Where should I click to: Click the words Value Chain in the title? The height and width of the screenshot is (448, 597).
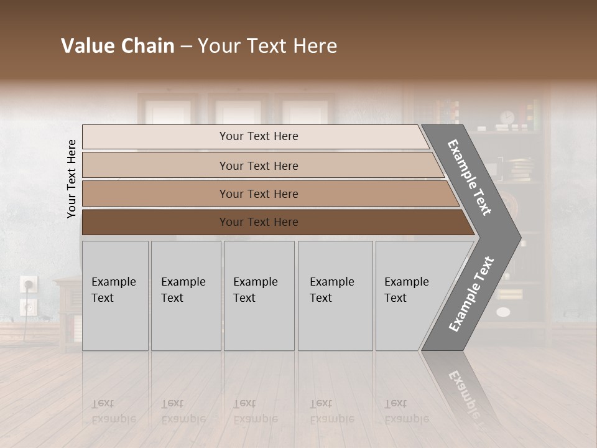[118, 46]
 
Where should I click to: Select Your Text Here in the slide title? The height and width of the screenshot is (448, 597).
[267, 46]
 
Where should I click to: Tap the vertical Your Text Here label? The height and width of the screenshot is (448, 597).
[72, 179]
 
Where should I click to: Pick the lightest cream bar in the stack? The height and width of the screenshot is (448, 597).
[255, 136]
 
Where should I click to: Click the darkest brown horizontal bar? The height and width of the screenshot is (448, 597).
[274, 222]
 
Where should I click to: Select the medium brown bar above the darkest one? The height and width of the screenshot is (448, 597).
[267, 194]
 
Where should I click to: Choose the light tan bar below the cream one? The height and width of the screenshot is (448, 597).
[261, 166]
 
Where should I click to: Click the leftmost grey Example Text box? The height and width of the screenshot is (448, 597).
[115, 296]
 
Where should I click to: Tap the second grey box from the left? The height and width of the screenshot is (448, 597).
[185, 296]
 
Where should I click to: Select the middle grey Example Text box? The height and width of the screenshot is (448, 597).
[259, 296]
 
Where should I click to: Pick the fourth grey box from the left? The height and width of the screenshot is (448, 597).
[335, 296]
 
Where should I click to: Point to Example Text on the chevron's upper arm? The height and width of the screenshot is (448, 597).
[470, 177]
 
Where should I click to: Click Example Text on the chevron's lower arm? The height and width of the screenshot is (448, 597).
[471, 294]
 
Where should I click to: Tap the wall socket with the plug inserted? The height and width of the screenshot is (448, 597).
[29, 284]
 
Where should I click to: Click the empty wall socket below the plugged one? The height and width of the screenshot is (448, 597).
[28, 306]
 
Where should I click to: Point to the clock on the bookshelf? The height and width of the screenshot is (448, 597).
[507, 118]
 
